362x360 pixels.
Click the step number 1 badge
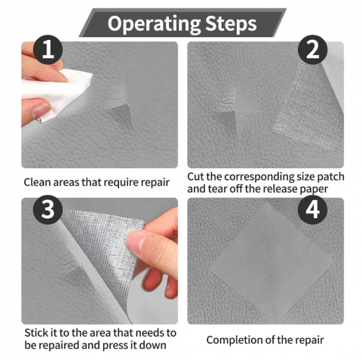pos(48,50)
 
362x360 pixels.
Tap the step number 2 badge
pos(312,50)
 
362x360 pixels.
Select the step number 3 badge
pos(48,209)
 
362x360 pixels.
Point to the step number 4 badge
pos(312,209)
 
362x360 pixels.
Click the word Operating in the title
pos(154,24)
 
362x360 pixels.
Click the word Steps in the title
pos(231,24)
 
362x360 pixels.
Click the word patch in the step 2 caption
pos(330,177)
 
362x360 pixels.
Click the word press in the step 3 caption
pos(115,346)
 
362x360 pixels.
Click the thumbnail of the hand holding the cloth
pos(41,110)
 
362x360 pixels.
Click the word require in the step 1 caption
pos(121,183)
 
